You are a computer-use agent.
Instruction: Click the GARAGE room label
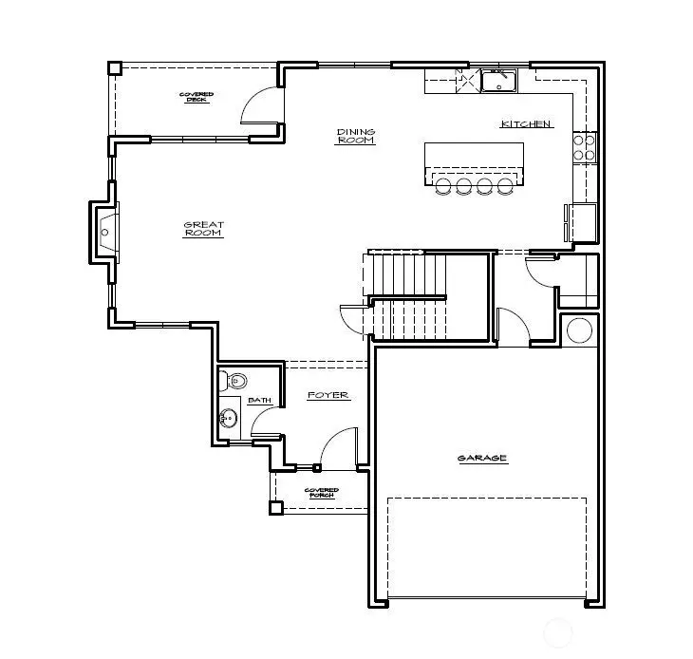click(x=482, y=459)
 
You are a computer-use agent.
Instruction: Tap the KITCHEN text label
click(x=526, y=124)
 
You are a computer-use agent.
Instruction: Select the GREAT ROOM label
click(x=203, y=229)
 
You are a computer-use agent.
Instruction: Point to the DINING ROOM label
click(x=356, y=136)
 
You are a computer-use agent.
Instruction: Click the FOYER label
click(x=328, y=395)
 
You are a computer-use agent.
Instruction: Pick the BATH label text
click(x=259, y=401)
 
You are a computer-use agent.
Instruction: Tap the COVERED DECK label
click(x=197, y=97)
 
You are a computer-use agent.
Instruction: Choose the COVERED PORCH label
click(x=322, y=493)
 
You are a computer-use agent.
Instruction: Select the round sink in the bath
click(x=228, y=418)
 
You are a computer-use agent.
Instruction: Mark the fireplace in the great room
click(x=104, y=230)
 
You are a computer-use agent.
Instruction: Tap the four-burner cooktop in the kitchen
click(x=585, y=146)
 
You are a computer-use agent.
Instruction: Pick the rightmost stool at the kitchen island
click(x=504, y=186)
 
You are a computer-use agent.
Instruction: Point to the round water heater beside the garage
click(x=579, y=330)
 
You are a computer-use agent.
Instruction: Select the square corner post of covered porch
click(x=275, y=507)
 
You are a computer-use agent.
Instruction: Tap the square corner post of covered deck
click(x=114, y=68)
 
